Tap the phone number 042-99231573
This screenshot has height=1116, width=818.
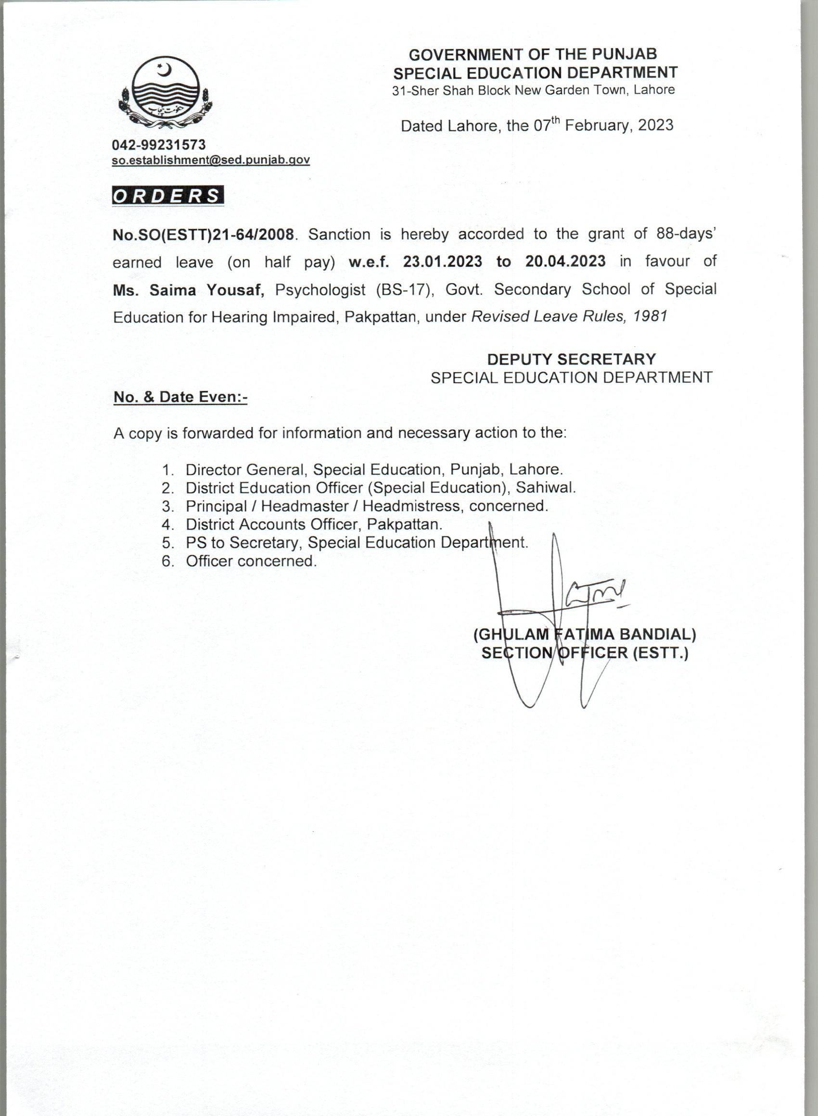[x=158, y=145]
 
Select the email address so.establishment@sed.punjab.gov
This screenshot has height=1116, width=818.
[x=211, y=160]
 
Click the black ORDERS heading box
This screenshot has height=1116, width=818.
[x=168, y=196]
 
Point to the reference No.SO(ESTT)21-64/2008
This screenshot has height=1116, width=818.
[x=204, y=235]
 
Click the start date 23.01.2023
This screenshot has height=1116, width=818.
[x=442, y=261]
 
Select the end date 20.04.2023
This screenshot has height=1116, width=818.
[x=565, y=261]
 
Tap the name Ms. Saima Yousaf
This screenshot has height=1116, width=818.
[x=189, y=290]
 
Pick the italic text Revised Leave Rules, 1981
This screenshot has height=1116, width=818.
[x=569, y=316]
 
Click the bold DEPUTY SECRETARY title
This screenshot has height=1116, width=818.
[x=572, y=359]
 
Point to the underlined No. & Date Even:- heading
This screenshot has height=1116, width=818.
[x=180, y=397]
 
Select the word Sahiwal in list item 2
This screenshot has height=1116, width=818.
[x=546, y=488]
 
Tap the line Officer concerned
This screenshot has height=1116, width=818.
[x=251, y=561]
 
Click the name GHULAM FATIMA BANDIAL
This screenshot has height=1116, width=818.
[x=585, y=635]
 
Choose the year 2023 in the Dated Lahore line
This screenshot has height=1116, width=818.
[x=655, y=125]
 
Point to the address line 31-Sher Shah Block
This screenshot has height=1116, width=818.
[x=533, y=90]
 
